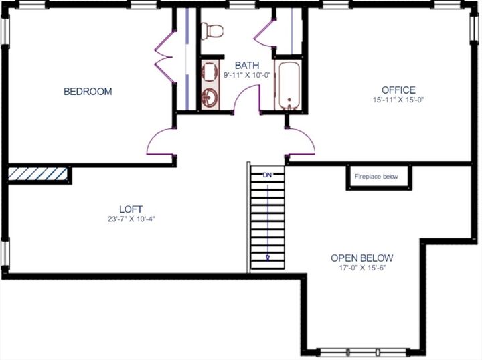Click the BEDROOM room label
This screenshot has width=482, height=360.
pyautogui.click(x=87, y=92)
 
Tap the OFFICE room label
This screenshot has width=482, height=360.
pyautogui.click(x=398, y=90)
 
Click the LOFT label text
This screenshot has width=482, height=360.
pyautogui.click(x=131, y=209)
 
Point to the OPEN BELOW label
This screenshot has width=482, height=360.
pyautogui.click(x=362, y=258)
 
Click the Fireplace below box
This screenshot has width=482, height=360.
pyautogui.click(x=376, y=177)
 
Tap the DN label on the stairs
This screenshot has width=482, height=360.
pyautogui.click(x=268, y=175)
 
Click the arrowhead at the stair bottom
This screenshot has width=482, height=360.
pyautogui.click(x=268, y=256)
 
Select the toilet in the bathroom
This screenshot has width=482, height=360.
pyautogui.click(x=214, y=30)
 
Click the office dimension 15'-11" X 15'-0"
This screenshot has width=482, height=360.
pyautogui.click(x=398, y=100)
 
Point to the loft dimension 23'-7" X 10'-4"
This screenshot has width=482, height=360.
pyautogui.click(x=131, y=219)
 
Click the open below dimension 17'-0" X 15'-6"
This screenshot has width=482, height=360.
pyautogui.click(x=362, y=268)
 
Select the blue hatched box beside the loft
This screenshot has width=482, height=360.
pyautogui.click(x=37, y=175)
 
